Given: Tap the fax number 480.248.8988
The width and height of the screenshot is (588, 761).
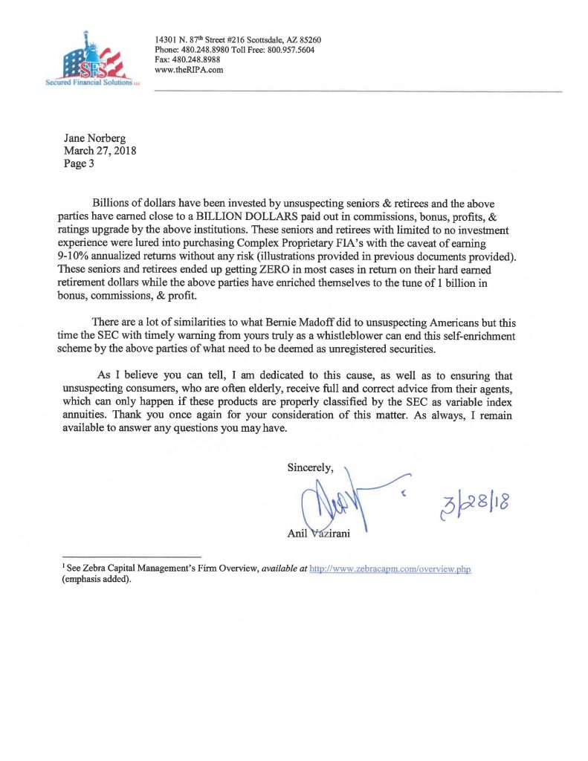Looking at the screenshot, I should click(x=194, y=60).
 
